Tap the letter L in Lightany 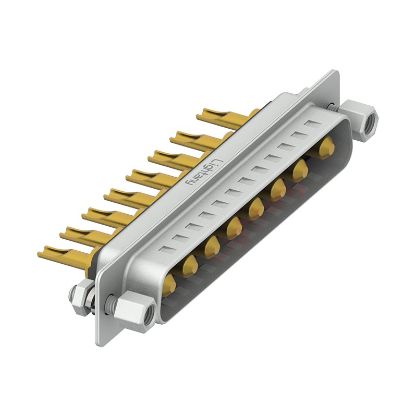point(217,162)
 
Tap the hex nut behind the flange point(82,299)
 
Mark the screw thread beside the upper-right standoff point(333,107)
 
